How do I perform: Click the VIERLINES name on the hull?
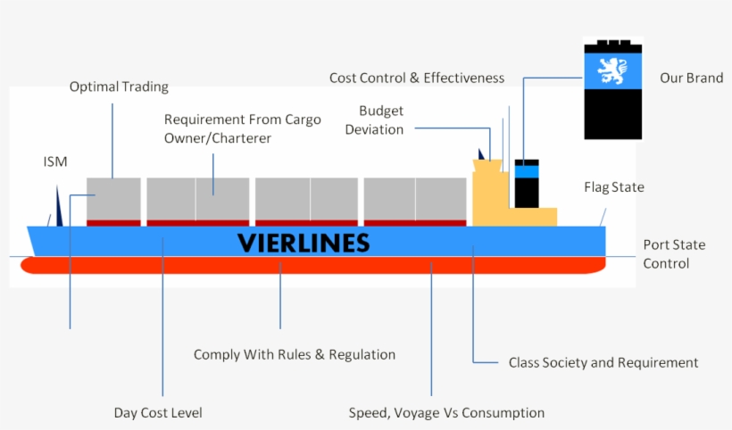click(x=303, y=242)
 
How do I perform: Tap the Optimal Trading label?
click(x=119, y=87)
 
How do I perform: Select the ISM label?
click(x=55, y=161)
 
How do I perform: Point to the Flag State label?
click(x=613, y=187)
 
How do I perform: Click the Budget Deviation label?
click(x=381, y=120)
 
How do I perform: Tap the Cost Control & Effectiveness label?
click(x=416, y=78)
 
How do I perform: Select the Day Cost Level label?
click(x=158, y=412)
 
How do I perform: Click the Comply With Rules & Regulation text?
click(x=294, y=354)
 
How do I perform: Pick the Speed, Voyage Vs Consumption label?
click(x=445, y=412)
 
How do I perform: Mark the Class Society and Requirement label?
click(x=603, y=362)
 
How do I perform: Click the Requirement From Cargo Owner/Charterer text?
click(x=242, y=128)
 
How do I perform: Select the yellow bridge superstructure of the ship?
click(x=500, y=196)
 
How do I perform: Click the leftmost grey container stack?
click(x=113, y=198)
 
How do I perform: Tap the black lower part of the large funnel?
click(x=613, y=113)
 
